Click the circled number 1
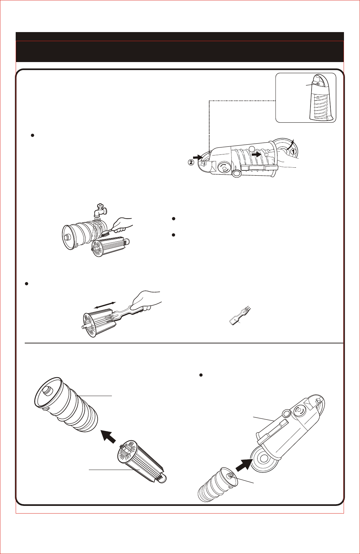pos(293,152)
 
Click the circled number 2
pos(191,162)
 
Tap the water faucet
pos(100,210)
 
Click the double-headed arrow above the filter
pos(105,305)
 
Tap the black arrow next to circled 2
pos(198,157)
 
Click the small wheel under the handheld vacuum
pos(237,173)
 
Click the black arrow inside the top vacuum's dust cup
pos(256,154)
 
